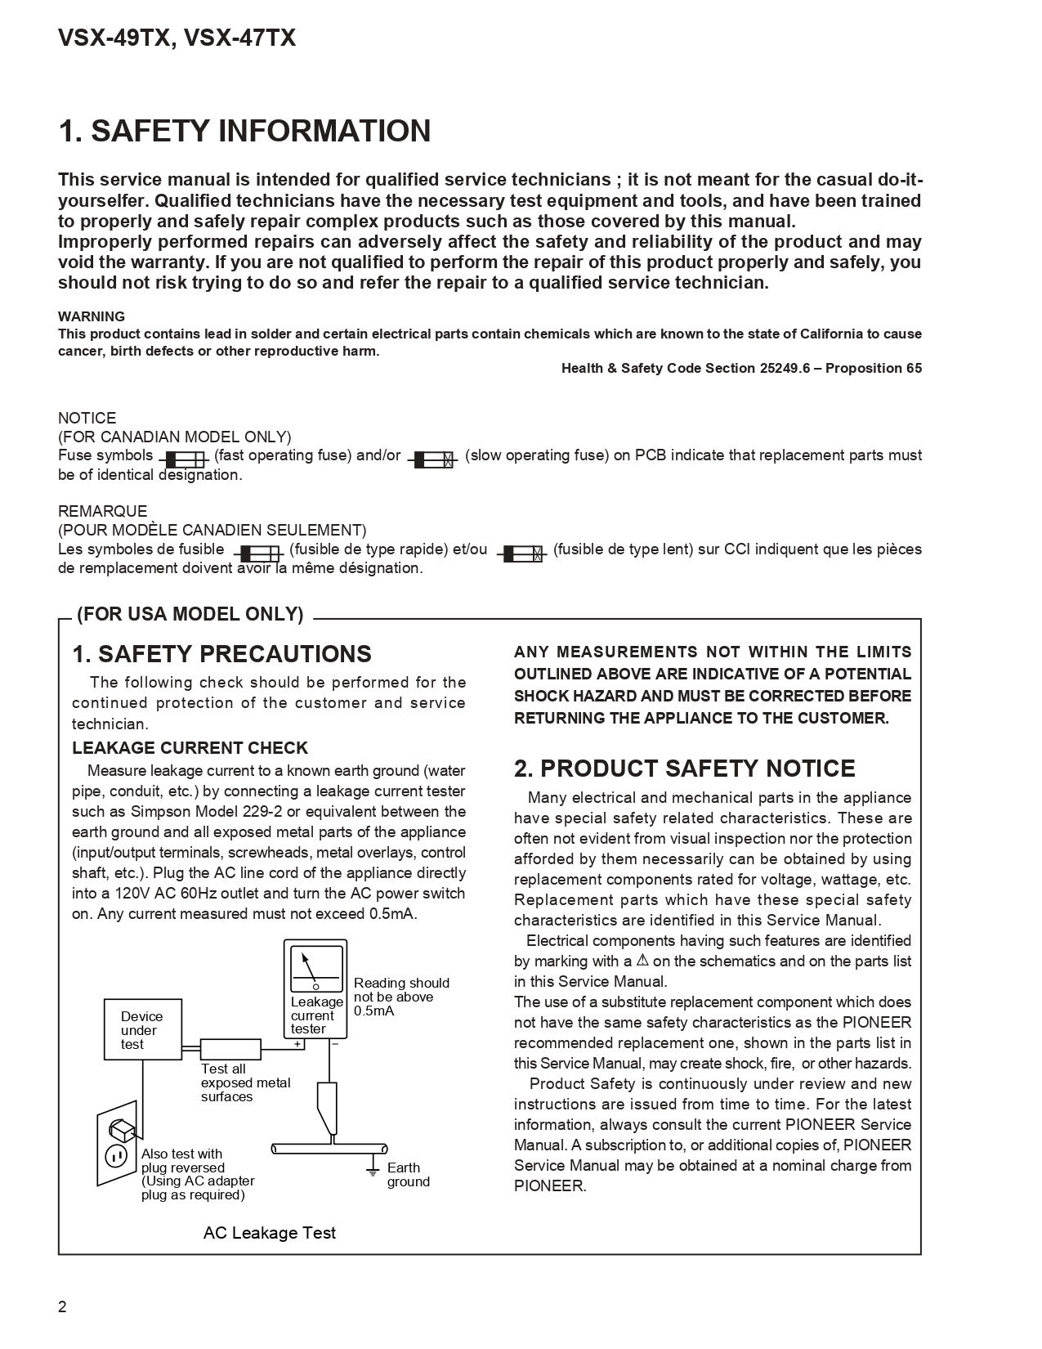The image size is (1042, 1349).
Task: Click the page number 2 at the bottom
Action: pos(62,1306)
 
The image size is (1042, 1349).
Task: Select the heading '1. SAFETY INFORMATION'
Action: pos(244,132)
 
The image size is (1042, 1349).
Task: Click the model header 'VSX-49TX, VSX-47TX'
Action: pos(177,38)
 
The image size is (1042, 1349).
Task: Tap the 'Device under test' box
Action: pos(142,1029)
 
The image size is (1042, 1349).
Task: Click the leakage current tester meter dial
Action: pos(315,969)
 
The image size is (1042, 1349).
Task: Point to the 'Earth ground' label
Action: pos(408,1174)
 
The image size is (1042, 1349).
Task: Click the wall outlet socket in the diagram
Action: pos(116,1154)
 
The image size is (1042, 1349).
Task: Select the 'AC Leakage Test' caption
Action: pos(269,1233)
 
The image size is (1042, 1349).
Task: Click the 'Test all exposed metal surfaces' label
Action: pos(245,1082)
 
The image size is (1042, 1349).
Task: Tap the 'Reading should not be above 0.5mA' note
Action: pos(400,997)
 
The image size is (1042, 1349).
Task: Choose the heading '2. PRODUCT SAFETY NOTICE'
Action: pos(684,769)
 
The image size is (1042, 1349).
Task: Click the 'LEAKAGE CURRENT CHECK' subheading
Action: pos(190,748)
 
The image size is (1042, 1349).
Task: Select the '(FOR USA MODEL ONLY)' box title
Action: pos(190,615)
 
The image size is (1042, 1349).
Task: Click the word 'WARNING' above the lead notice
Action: pos(92,316)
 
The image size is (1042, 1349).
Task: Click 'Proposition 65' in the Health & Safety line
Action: pos(874,368)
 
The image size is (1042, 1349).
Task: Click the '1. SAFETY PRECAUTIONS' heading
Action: pos(221,654)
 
